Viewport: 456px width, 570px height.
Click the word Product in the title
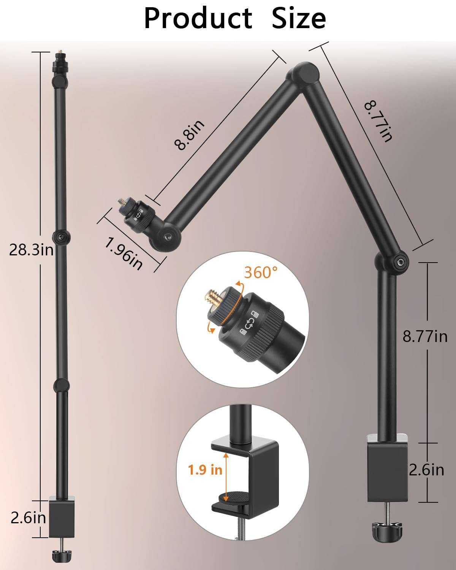198,19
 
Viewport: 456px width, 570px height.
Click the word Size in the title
299,19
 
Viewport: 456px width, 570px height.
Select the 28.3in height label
31,250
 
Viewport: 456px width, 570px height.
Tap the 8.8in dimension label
189,135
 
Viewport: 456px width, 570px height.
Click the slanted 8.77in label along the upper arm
378,121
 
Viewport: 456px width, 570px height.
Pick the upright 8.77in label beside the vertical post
425,336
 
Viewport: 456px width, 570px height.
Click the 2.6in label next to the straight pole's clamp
28,518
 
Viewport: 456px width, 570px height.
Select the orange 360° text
261,272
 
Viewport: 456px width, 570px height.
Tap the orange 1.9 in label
205,470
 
